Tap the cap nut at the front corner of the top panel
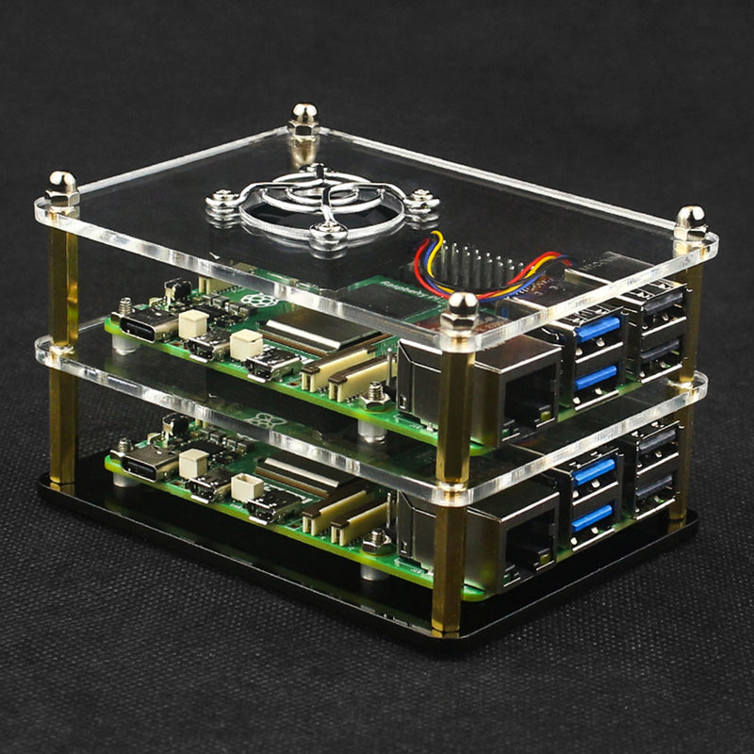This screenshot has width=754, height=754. pyautogui.click(x=461, y=309)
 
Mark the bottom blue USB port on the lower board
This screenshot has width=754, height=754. pyautogui.click(x=592, y=516)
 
